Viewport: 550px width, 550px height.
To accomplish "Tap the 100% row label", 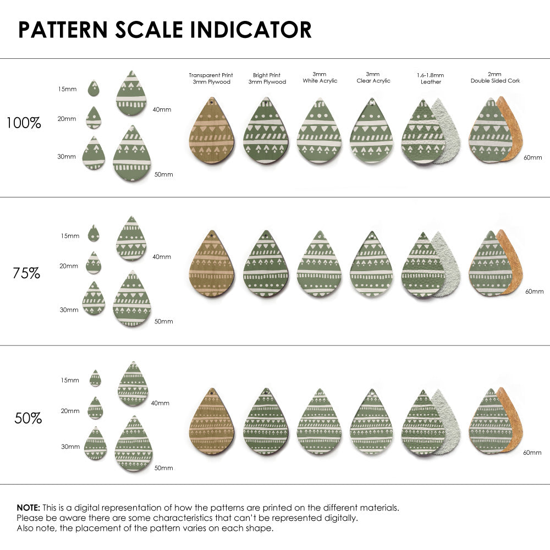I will click(24, 123).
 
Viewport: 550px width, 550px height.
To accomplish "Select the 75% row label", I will click(26, 273).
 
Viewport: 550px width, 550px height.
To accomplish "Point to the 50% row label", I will click(28, 419).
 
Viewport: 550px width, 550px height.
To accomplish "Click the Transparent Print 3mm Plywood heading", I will click(211, 78).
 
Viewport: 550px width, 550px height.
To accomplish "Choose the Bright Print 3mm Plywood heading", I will click(267, 78).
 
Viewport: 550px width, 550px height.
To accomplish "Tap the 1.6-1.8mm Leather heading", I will click(430, 78).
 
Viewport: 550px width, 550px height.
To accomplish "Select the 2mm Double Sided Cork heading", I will click(495, 78).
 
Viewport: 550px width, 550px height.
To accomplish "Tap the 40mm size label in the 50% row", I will click(161, 403).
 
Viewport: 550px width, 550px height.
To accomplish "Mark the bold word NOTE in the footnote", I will click(28, 508).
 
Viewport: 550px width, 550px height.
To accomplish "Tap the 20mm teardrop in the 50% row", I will click(95, 408).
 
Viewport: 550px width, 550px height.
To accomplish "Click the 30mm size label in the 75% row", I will click(69, 310).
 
